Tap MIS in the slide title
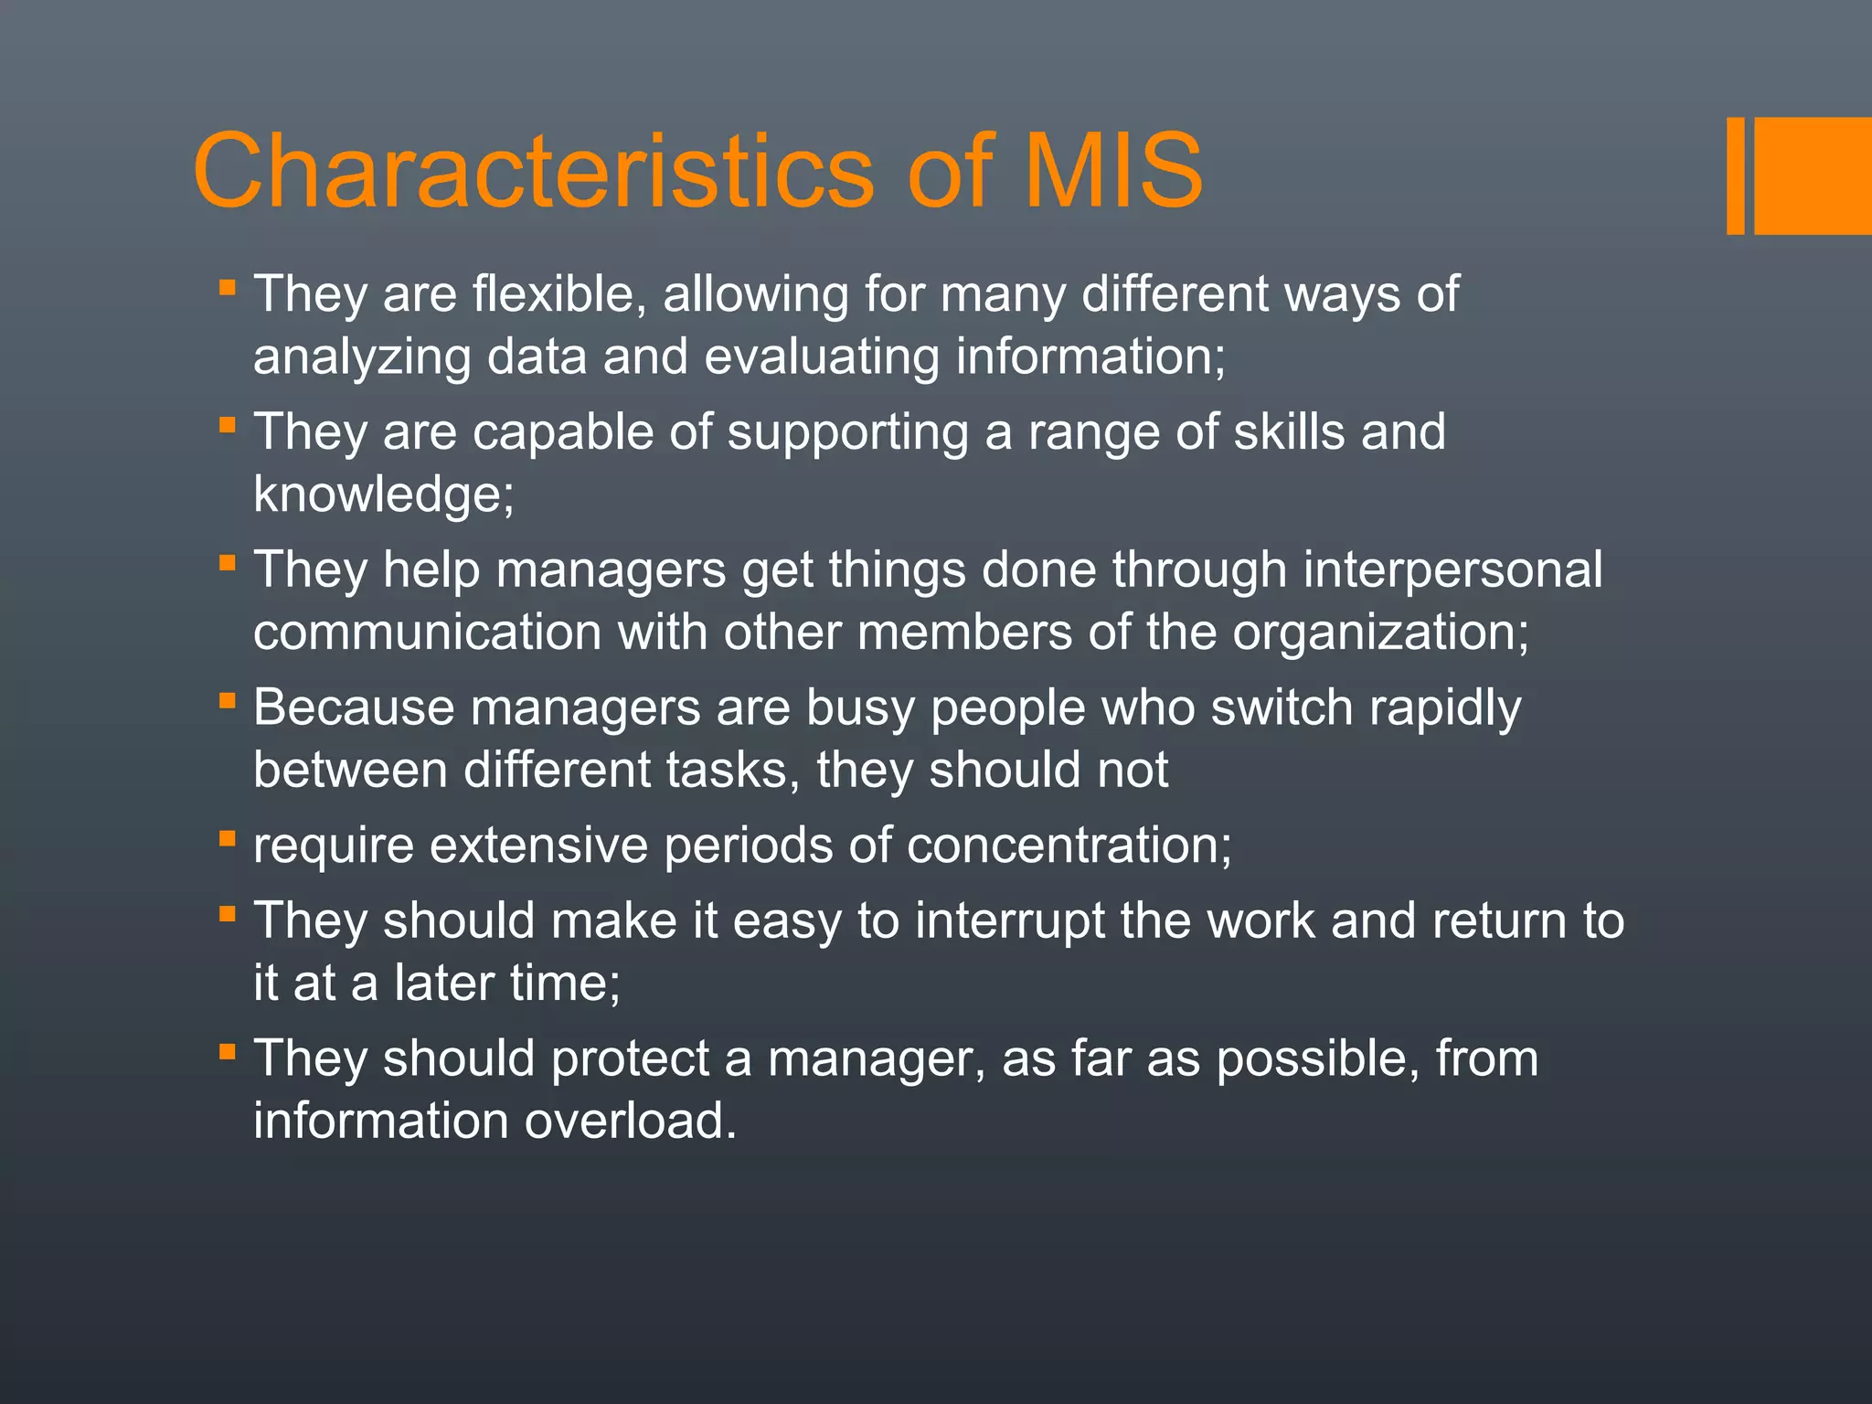(x=1112, y=171)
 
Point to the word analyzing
(x=362, y=357)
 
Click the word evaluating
(x=822, y=357)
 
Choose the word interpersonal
(x=1452, y=569)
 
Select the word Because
(x=354, y=707)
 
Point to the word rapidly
(x=1444, y=708)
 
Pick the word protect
(x=631, y=1059)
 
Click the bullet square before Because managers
(x=228, y=701)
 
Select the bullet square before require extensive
(x=228, y=838)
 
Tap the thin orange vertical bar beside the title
(x=1735, y=175)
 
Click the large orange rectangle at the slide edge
(x=1813, y=175)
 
